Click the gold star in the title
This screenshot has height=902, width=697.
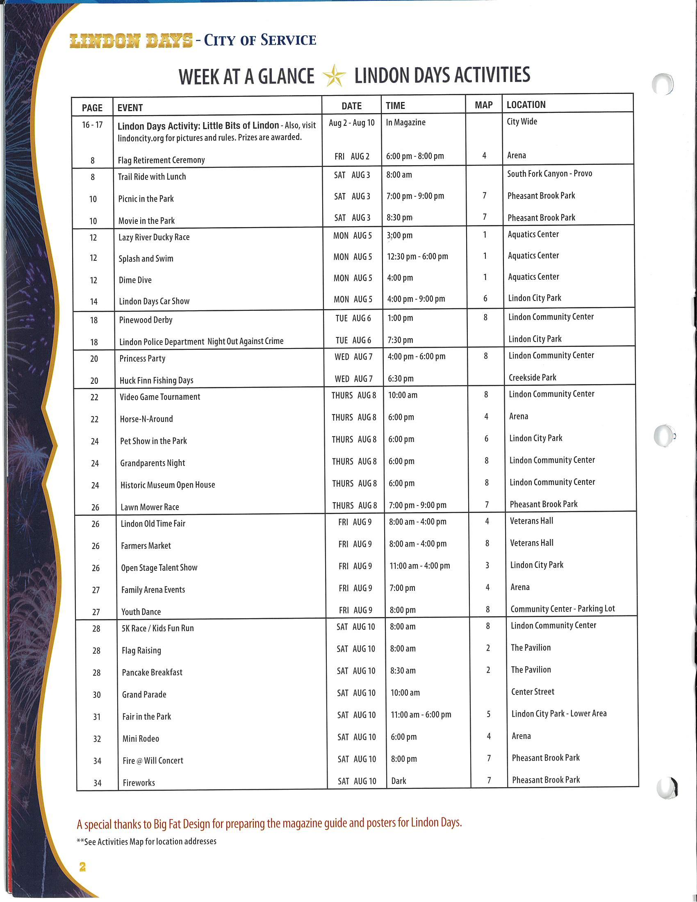coord(334,75)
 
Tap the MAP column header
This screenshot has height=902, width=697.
coord(483,105)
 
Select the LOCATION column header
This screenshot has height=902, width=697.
coord(526,105)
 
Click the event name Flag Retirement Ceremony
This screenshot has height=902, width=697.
coord(161,160)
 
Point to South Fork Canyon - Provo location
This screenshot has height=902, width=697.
coord(549,173)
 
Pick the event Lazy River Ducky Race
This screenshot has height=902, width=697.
coord(154,237)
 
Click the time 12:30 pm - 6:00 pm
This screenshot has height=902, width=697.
coord(417,257)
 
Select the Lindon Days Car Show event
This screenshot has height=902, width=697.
coord(154,301)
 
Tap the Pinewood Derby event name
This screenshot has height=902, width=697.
coord(146,320)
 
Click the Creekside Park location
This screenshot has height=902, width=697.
coord(532,378)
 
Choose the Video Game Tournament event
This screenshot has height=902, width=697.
coord(160,397)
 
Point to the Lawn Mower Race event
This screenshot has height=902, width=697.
coord(150,507)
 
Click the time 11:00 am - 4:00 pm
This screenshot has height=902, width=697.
coord(419,566)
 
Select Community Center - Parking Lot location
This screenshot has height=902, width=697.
coord(563,609)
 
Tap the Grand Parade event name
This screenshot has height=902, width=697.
coord(144,695)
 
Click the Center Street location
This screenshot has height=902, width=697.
coord(533,692)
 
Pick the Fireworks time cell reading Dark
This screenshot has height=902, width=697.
coord(399,781)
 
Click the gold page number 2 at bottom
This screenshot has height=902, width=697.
coord(82,866)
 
